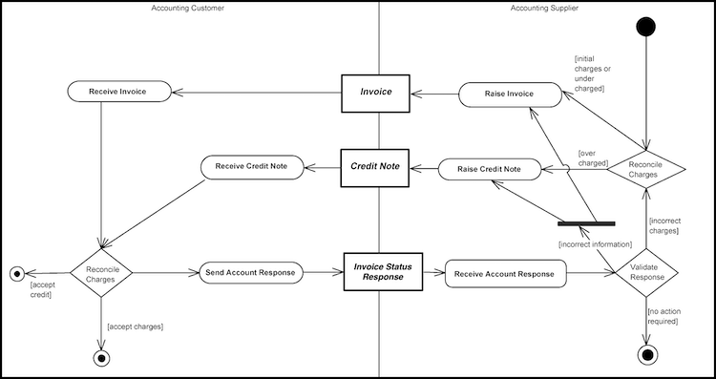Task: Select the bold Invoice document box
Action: click(x=376, y=93)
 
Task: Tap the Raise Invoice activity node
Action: click(x=510, y=94)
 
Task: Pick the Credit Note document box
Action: click(x=376, y=166)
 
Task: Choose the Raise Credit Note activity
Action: click(x=489, y=169)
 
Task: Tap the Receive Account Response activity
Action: click(x=504, y=274)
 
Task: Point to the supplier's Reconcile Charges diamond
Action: click(x=647, y=168)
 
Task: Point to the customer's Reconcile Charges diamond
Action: click(x=100, y=273)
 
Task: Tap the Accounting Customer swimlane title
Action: click(x=188, y=9)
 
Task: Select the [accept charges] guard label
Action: click(x=136, y=326)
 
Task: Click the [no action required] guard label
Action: click(x=663, y=316)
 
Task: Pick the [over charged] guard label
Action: click(x=594, y=158)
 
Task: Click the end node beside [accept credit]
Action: click(x=15, y=273)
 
